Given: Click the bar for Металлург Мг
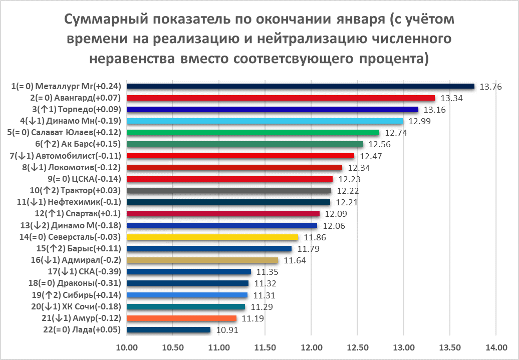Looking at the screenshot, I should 301,86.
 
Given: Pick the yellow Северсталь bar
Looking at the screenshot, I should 212,237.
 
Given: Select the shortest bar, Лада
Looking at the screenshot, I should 168,329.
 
